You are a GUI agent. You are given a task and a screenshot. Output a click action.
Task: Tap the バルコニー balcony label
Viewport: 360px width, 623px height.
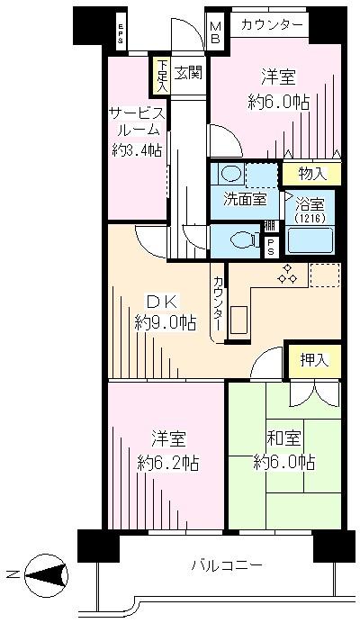226,565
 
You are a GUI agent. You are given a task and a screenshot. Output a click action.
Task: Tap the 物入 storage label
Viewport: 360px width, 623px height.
311,173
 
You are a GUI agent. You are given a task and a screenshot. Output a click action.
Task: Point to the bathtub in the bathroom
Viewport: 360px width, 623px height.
310,240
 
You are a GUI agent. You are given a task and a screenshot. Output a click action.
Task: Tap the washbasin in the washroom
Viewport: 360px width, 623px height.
231,174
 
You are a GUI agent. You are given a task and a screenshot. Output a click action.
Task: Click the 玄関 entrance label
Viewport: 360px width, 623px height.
187,71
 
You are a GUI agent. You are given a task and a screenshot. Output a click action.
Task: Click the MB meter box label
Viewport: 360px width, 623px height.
215,33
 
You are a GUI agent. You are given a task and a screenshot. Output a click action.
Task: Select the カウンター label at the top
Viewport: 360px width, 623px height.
271,24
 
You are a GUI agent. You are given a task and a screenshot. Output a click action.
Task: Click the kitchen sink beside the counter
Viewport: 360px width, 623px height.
239,320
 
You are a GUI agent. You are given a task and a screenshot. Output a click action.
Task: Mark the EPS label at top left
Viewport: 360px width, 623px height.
119,34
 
